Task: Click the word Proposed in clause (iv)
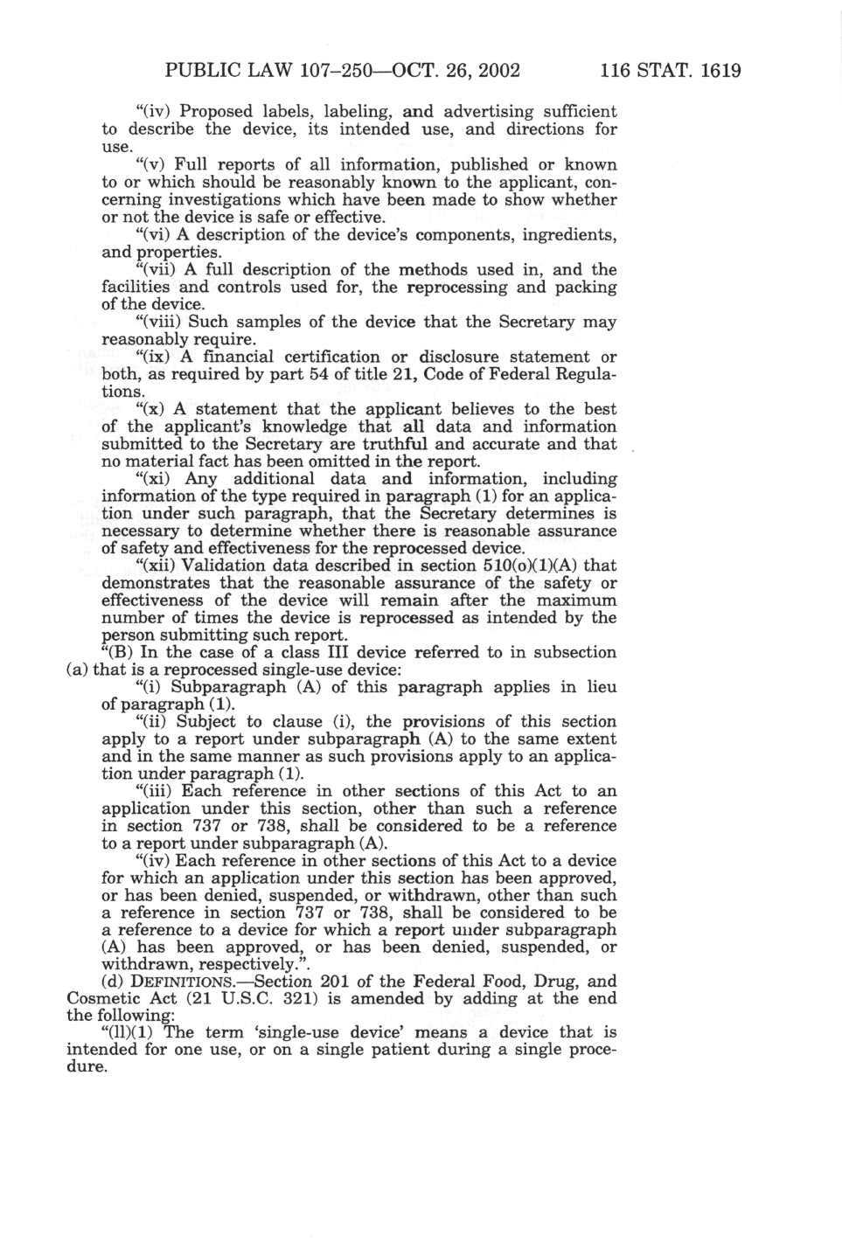pyautogui.click(x=216, y=112)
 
